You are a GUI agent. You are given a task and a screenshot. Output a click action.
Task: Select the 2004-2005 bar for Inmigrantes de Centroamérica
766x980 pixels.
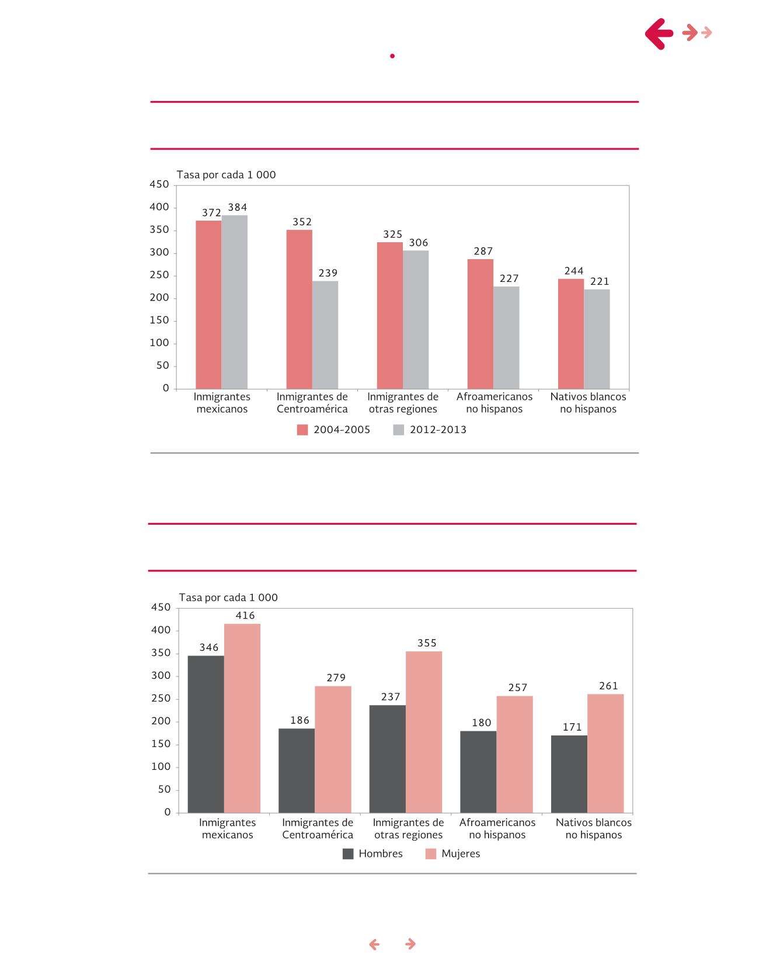pyautogui.click(x=299, y=309)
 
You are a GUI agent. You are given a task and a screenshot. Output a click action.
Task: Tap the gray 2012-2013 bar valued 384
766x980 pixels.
pyautogui.click(x=234, y=302)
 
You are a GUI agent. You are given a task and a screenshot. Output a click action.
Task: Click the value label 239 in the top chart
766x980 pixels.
pyautogui.click(x=328, y=273)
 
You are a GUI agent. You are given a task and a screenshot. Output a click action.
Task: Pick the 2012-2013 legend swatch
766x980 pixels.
pyautogui.click(x=399, y=430)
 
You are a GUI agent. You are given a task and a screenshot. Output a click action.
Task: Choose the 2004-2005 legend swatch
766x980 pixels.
pyautogui.click(x=302, y=430)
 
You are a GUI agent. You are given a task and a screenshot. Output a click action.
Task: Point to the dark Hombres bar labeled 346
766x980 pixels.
pyautogui.click(x=206, y=734)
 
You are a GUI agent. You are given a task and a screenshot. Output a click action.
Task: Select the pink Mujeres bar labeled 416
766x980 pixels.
pyautogui.click(x=242, y=718)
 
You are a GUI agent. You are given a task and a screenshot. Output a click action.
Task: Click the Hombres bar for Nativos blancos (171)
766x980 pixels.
pyautogui.click(x=569, y=773)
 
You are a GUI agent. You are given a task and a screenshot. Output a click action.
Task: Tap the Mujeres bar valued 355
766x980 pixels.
pyautogui.click(x=424, y=731)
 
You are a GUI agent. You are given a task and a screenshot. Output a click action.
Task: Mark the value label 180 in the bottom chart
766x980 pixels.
pyautogui.click(x=482, y=723)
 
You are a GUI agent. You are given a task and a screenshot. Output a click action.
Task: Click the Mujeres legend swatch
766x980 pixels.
pyautogui.click(x=431, y=854)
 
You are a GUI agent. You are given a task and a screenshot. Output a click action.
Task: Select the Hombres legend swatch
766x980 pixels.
pyautogui.click(x=348, y=854)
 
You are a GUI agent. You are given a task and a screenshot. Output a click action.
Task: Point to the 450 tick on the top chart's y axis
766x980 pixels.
pyautogui.click(x=159, y=184)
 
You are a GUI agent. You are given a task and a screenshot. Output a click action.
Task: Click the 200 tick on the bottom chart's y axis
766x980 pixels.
pyautogui.click(x=161, y=721)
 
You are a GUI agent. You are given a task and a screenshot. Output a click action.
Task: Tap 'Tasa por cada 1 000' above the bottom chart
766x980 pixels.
pyautogui.click(x=228, y=597)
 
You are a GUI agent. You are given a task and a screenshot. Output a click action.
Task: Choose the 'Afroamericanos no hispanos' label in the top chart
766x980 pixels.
pyautogui.click(x=495, y=403)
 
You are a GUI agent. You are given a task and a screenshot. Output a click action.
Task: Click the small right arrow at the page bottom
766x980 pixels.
pyautogui.click(x=410, y=944)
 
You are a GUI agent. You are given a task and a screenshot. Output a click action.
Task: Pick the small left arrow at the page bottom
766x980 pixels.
pyautogui.click(x=374, y=944)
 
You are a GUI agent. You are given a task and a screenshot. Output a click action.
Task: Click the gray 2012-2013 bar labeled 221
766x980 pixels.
pyautogui.click(x=597, y=339)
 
